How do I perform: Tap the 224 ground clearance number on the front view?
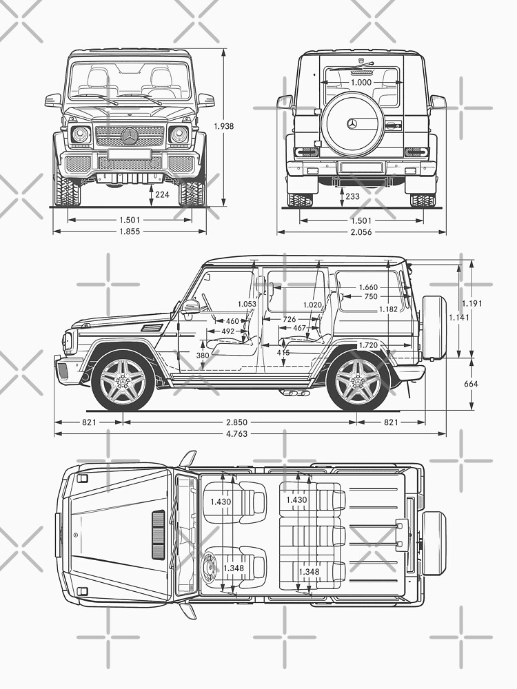click(162, 195)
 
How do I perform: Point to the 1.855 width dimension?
click(129, 232)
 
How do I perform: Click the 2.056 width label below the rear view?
click(361, 232)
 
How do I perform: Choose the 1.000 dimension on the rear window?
click(361, 83)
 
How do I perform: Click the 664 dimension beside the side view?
click(472, 384)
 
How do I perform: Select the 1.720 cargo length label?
click(368, 344)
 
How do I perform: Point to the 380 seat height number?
click(203, 356)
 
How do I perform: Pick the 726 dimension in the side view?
click(290, 320)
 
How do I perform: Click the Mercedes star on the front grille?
click(130, 136)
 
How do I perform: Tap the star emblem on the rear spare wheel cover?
click(352, 123)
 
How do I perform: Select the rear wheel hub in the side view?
click(357, 381)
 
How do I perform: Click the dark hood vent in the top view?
click(158, 535)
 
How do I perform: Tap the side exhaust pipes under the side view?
click(294, 393)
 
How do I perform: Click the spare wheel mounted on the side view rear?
click(434, 327)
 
